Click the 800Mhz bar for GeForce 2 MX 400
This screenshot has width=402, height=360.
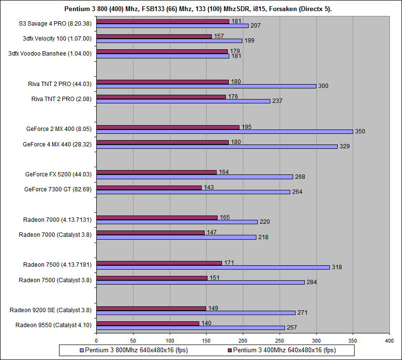224,131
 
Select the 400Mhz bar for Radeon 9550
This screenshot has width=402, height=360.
148,323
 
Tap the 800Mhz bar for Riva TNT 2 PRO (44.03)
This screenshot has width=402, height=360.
206,86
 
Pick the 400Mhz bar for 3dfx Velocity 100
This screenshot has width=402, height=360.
154,36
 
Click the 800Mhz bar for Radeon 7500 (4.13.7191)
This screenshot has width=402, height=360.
213,267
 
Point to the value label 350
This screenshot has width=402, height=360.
360,131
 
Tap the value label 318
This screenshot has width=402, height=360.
336,267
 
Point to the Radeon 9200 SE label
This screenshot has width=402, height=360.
53,310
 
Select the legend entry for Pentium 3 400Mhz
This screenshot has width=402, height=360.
283,350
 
